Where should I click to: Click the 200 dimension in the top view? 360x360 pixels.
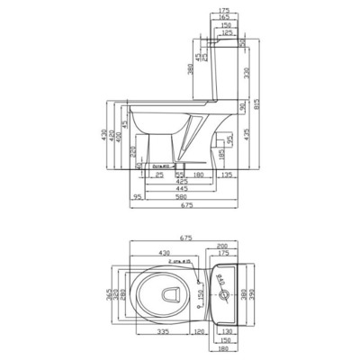(x=221, y=247)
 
